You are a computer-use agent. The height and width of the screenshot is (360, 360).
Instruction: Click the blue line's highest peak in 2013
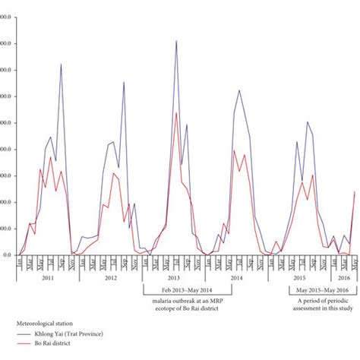coord(177,41)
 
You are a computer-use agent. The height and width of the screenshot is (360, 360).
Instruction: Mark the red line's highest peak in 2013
coord(177,113)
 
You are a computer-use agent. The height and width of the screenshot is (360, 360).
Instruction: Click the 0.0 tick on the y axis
coord(6,255)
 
